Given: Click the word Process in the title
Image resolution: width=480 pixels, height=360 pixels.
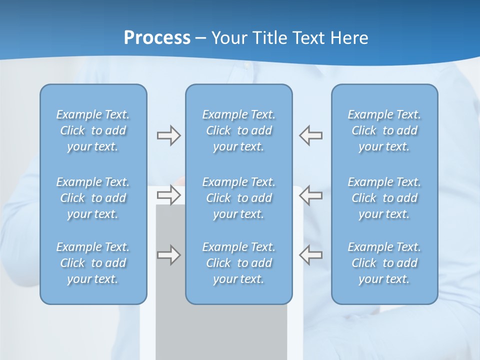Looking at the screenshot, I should (157, 38).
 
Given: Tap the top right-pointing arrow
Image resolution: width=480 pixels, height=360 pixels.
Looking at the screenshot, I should (168, 135).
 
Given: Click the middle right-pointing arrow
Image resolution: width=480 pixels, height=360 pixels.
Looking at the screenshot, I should (168, 194).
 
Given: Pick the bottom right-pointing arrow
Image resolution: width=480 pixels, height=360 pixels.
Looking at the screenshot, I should (168, 255).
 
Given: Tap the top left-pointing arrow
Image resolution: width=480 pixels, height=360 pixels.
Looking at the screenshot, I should (310, 135).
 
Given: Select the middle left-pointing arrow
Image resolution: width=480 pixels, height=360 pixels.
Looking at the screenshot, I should (310, 194).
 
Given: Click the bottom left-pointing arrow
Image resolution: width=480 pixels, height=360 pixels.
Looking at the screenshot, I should (310, 255).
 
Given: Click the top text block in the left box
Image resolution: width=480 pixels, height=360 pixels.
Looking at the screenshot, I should (93, 130).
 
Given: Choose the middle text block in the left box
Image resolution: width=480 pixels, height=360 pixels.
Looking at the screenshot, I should (93, 198).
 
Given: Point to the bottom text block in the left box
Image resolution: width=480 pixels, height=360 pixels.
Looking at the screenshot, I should (93, 263).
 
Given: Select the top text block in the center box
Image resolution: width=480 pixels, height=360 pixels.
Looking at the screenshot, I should (239, 130).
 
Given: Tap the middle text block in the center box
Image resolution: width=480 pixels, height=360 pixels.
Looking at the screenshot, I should (239, 198).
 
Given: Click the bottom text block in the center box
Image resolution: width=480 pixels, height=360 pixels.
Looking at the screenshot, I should (239, 263).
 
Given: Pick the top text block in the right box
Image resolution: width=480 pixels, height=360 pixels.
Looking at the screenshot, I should (384, 130).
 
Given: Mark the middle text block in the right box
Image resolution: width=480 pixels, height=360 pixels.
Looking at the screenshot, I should (384, 198).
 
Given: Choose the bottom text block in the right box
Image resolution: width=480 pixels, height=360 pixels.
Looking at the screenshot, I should (384, 263).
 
